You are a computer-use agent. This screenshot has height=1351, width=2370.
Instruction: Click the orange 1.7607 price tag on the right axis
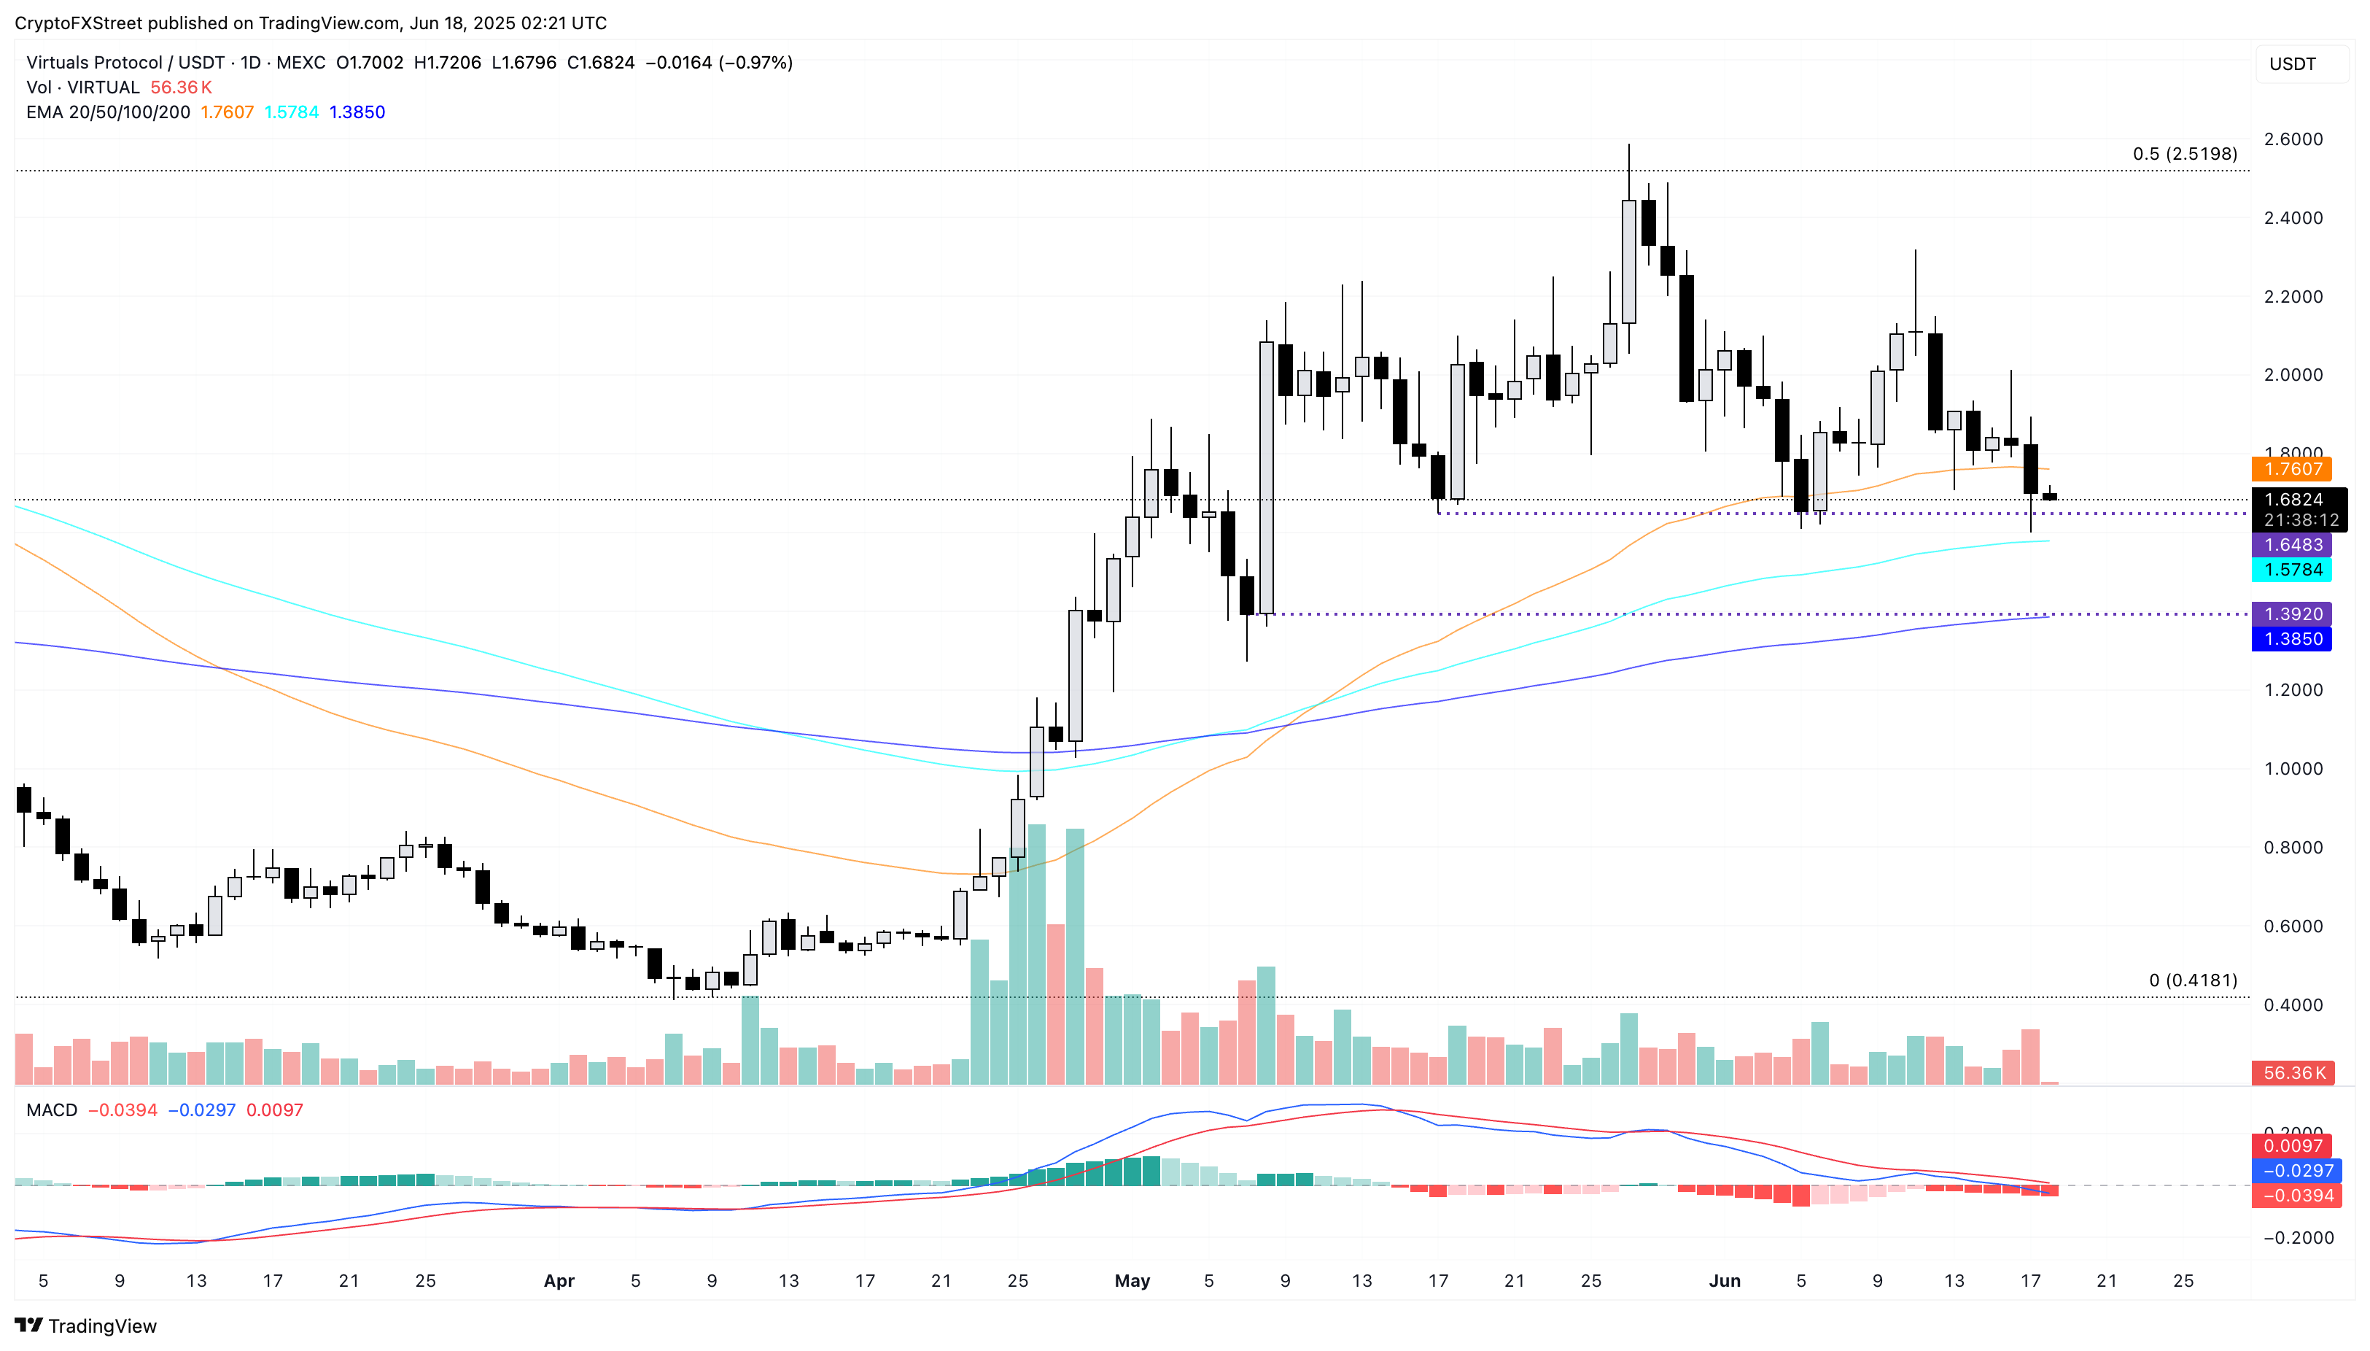click(2292, 470)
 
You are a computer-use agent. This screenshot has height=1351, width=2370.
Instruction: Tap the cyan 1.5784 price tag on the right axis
click(2292, 570)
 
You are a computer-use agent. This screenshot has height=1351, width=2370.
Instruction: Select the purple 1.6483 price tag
click(2292, 545)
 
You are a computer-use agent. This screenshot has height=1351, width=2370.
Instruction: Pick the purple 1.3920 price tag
click(2292, 614)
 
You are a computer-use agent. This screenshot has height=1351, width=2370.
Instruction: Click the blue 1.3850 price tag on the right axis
click(2292, 639)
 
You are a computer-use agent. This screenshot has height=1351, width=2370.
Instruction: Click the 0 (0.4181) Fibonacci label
click(2192, 980)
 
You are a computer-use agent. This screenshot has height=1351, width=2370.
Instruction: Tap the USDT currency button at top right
click(2292, 64)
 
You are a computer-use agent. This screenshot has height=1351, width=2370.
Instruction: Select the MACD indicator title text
click(52, 1111)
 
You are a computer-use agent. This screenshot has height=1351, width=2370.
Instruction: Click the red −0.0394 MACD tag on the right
click(2298, 1196)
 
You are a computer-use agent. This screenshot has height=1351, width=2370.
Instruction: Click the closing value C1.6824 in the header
click(600, 63)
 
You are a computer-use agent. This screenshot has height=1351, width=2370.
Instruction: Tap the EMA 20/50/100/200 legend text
click(109, 112)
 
